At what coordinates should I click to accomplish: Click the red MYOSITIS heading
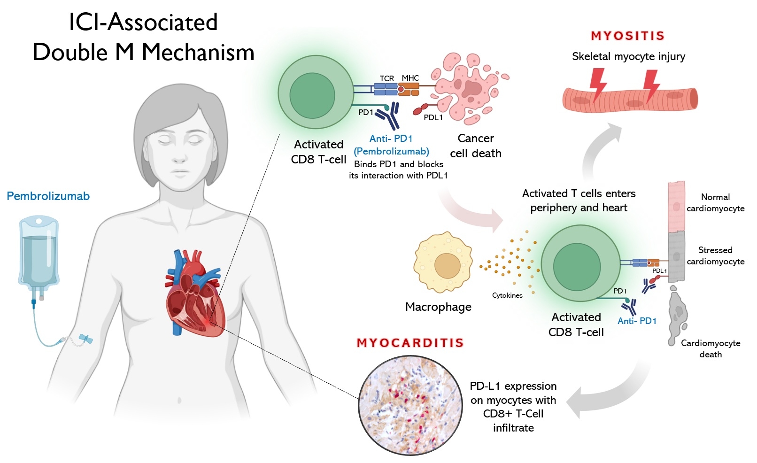(x=627, y=36)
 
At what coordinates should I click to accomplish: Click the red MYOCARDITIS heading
(x=410, y=343)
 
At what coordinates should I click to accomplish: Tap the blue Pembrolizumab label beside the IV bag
(x=48, y=196)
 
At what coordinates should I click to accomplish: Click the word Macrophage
(x=438, y=307)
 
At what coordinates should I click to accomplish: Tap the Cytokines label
(x=507, y=295)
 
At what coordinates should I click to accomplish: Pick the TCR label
(x=386, y=78)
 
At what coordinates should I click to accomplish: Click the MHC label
(x=410, y=78)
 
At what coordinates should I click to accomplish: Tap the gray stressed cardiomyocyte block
(x=676, y=256)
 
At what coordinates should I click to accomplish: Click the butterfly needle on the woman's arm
(x=85, y=339)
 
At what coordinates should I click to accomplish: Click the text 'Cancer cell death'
(x=475, y=146)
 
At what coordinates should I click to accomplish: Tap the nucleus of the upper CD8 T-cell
(x=312, y=95)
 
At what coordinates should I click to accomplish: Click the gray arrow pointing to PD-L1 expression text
(x=606, y=392)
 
